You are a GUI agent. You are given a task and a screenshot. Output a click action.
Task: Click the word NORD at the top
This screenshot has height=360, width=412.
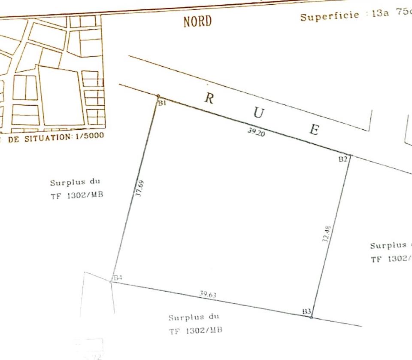tap(197, 21)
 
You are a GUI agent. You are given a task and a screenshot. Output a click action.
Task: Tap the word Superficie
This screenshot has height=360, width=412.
tap(329, 16)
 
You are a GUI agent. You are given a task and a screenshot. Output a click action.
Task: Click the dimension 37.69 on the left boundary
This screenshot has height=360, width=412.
tap(140, 189)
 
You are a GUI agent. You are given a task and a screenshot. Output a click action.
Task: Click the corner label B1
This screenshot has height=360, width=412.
tap(162, 103)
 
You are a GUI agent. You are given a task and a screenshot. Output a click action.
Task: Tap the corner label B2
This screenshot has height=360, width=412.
tap(342, 159)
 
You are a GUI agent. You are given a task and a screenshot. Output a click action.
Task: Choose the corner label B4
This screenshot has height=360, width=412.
tap(118, 278)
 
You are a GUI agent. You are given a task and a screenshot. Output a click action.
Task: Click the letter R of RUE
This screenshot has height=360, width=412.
tap(209, 98)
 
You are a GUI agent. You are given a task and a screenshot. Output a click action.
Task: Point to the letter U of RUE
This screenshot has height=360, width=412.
tap(259, 114)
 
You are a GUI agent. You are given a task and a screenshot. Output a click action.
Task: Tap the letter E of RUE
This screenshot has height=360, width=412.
tap(315, 129)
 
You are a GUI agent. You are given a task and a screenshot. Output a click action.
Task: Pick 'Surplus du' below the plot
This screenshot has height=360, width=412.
tap(194, 318)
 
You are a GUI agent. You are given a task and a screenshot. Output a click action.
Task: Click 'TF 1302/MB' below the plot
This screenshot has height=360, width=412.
tap(196, 331)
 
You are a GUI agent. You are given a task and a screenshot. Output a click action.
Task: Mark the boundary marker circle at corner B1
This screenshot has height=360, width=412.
tap(158, 96)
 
